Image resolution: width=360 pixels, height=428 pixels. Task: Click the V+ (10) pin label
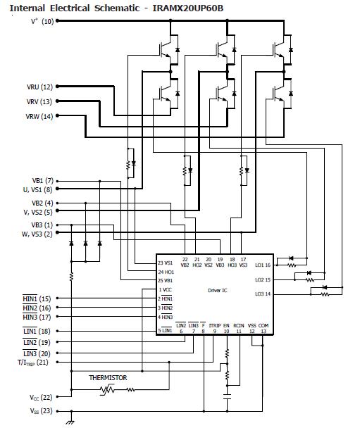(x=42, y=21)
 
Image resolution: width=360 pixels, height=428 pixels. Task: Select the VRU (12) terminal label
(x=39, y=87)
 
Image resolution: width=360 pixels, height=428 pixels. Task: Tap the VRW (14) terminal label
(x=39, y=116)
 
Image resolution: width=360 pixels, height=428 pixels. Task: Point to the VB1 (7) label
(x=42, y=181)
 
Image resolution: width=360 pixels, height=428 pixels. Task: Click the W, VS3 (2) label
(x=37, y=234)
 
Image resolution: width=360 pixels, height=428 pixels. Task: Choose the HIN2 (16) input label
(x=36, y=308)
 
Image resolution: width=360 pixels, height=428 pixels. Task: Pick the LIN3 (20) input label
(x=36, y=353)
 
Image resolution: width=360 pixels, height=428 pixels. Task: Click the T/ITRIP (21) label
(x=33, y=363)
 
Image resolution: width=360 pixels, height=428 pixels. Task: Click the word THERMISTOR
(x=108, y=378)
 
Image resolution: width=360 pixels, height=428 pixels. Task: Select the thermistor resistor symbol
(x=108, y=389)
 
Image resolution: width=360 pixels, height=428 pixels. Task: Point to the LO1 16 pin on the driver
(x=263, y=265)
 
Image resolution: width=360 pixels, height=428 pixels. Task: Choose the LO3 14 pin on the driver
(x=263, y=293)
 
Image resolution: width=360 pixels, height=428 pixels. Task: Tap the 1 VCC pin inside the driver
(x=165, y=290)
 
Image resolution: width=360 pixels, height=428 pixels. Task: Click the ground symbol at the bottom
(x=70, y=422)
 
